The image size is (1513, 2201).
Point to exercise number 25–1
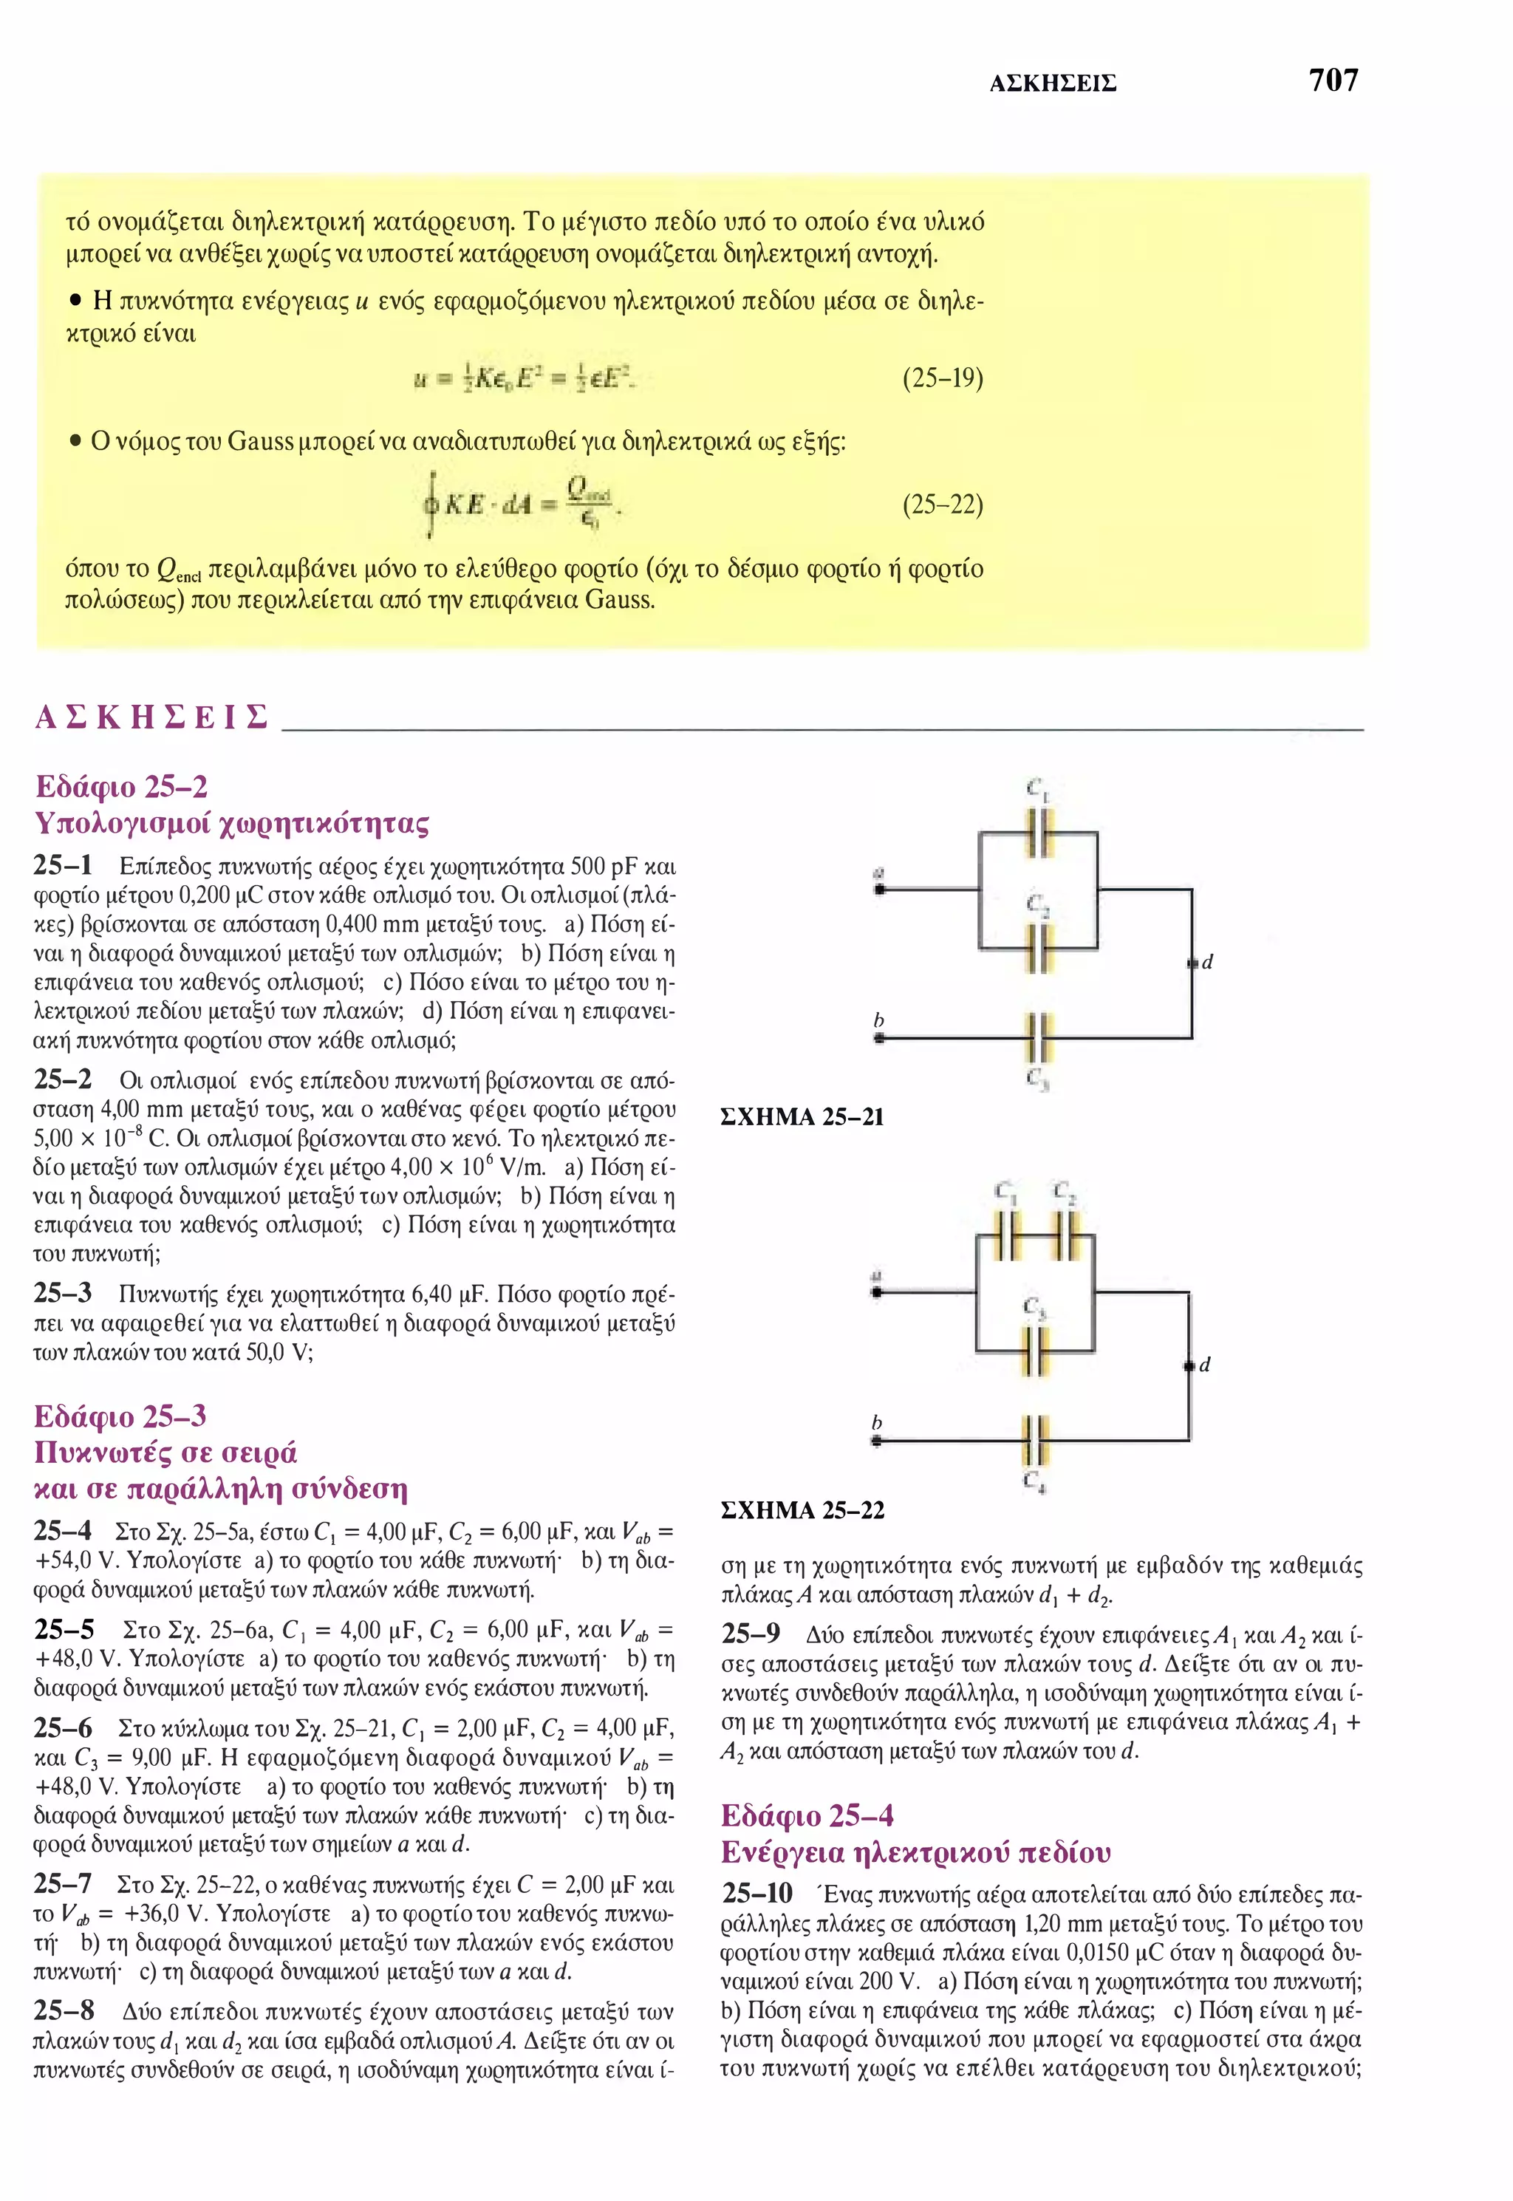(63, 865)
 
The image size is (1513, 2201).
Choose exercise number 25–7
(63, 1883)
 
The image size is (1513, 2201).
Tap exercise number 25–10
(756, 1893)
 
